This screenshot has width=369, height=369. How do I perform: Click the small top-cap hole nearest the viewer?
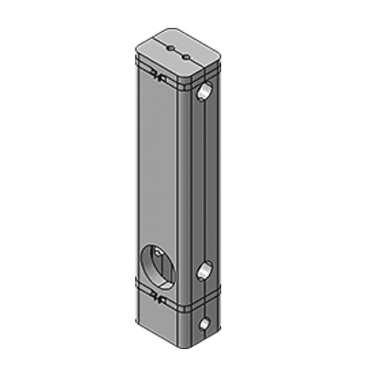[186, 57]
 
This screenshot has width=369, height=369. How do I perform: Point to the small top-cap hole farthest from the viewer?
[171, 47]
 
